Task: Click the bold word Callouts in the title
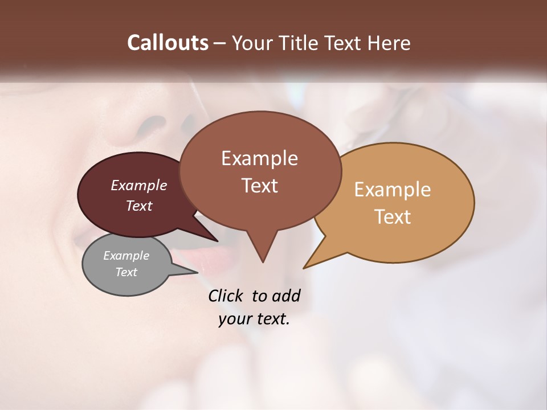(168, 43)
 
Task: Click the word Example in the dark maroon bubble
(139, 185)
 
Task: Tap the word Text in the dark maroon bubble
(139, 206)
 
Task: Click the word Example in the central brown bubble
(259, 158)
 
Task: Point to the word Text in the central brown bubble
(259, 186)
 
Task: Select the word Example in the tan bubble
(393, 190)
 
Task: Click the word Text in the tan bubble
(393, 217)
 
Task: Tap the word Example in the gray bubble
(126, 256)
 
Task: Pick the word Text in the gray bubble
(126, 272)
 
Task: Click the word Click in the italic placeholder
(227, 296)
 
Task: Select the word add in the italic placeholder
(286, 296)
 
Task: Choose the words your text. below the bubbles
(254, 319)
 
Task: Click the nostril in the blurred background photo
(151, 123)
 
